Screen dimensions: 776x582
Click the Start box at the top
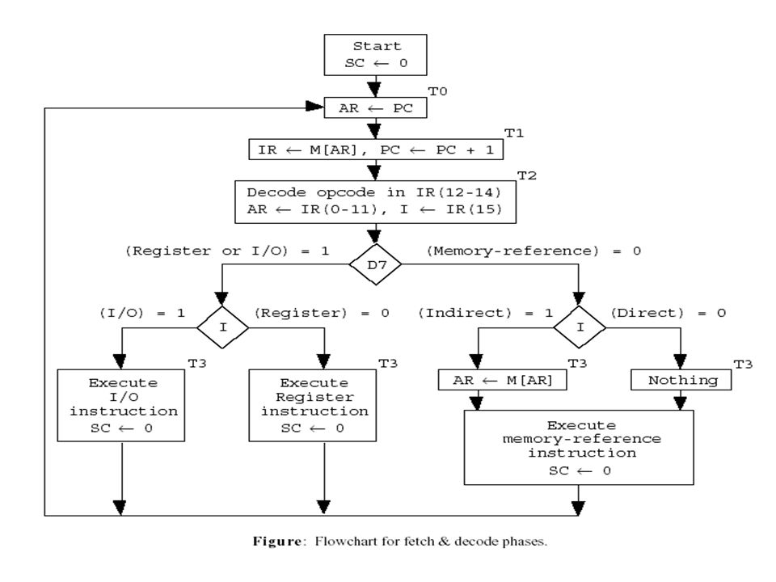click(375, 55)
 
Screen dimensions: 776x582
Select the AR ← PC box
click(375, 108)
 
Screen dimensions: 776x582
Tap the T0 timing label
click(437, 91)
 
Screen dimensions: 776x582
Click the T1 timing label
click(514, 133)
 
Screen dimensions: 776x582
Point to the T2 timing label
click(526, 175)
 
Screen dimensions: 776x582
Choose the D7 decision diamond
click(375, 264)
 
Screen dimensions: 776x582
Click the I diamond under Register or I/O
click(222, 327)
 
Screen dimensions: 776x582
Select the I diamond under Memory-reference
click(580, 327)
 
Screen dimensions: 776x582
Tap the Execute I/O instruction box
click(120, 405)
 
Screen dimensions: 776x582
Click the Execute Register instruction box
click(312, 405)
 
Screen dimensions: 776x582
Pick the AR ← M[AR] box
click(502, 380)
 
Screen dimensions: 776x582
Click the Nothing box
click(681, 380)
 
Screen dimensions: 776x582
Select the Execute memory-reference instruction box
click(579, 447)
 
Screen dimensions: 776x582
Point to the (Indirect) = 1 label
click(486, 313)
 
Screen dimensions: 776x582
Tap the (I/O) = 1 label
click(142, 313)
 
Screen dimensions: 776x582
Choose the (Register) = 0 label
click(322, 313)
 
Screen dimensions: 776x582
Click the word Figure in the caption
click(277, 542)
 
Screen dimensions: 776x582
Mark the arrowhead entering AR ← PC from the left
click(314, 107)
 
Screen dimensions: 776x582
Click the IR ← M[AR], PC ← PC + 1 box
click(376, 150)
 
